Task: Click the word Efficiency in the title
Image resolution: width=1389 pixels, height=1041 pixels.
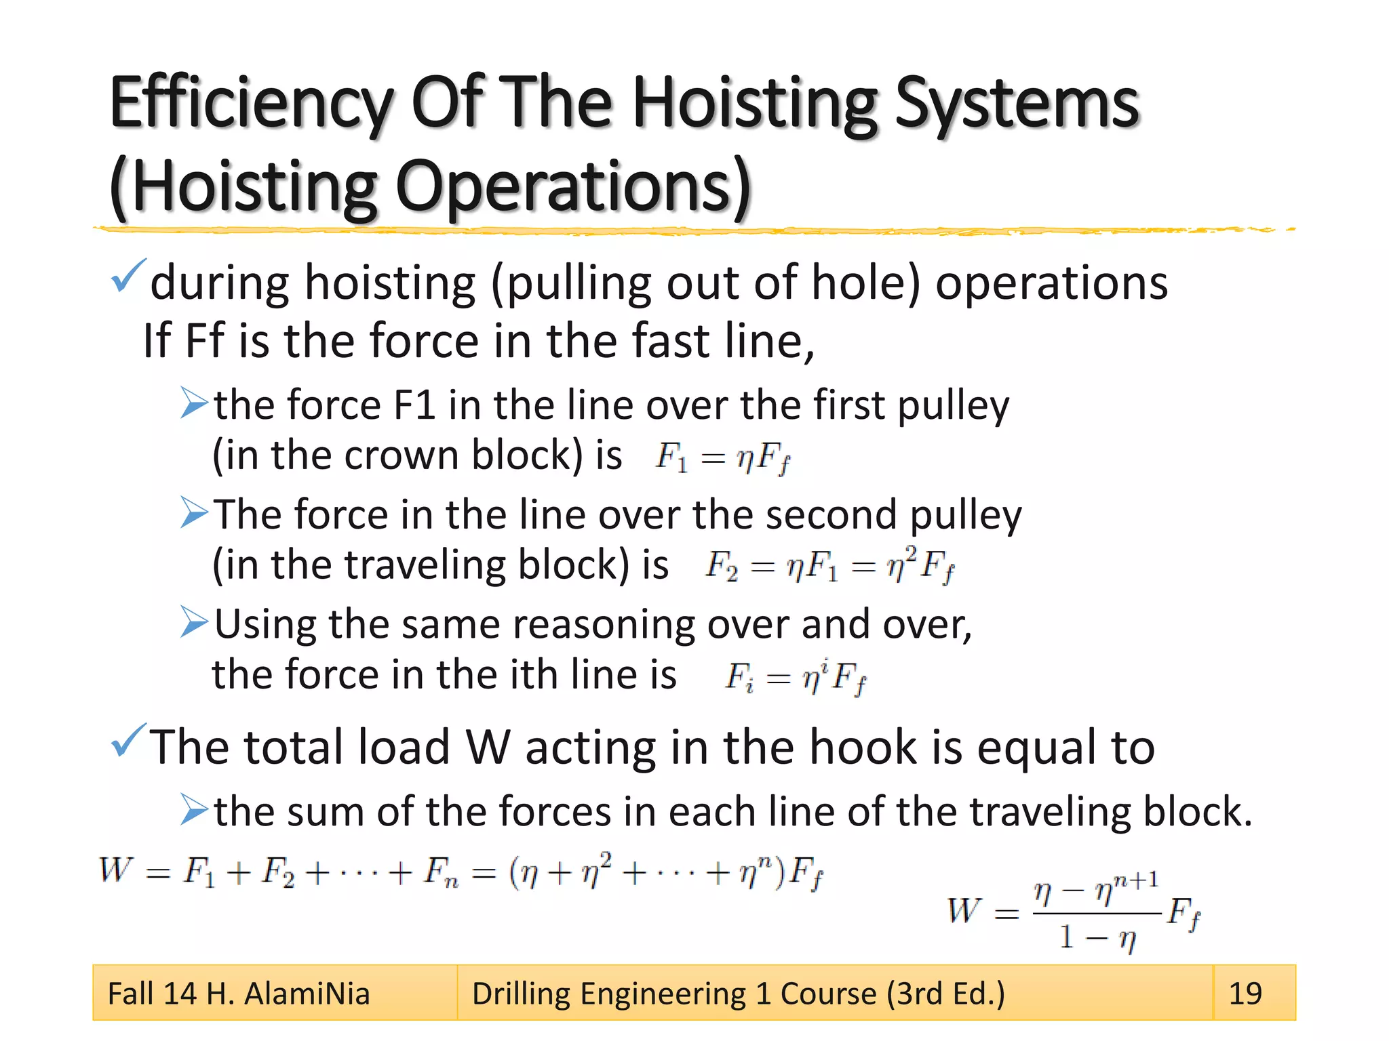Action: click(251, 104)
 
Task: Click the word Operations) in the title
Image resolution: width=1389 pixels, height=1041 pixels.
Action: click(573, 186)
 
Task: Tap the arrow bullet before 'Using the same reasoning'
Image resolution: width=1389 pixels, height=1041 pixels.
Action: click(195, 622)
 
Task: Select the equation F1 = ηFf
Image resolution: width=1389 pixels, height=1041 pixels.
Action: click(722, 457)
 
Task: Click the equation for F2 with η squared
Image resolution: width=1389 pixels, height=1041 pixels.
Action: click(829, 566)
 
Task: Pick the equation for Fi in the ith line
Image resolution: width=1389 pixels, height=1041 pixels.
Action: click(796, 677)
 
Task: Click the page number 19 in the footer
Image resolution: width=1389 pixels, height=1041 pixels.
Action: click(1245, 994)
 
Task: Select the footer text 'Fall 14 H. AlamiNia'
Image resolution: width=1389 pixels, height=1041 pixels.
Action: click(239, 994)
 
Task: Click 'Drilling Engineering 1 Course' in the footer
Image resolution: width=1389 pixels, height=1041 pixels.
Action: click(678, 994)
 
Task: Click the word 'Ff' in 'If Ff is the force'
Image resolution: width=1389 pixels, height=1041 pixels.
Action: click(204, 340)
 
